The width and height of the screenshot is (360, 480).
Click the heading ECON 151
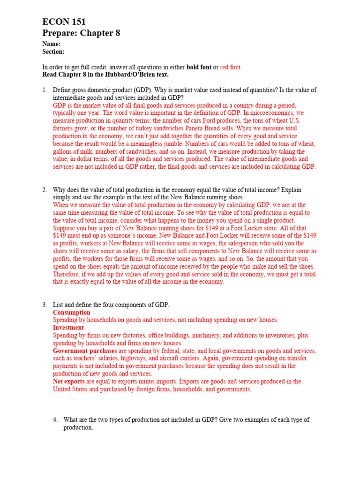click(x=64, y=22)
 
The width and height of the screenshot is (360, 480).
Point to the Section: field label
click(x=53, y=52)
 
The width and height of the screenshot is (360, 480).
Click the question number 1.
click(x=45, y=90)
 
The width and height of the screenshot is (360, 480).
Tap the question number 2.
click(x=45, y=190)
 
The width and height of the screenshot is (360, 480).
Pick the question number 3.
click(x=45, y=305)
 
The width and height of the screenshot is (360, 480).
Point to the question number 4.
click(x=55, y=420)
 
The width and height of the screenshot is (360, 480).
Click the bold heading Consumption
click(x=72, y=313)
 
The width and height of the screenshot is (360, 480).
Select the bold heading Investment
click(x=68, y=328)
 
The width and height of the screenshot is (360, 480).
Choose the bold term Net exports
click(x=68, y=382)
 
